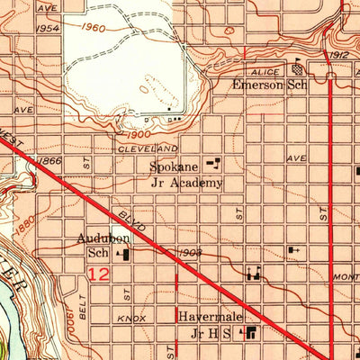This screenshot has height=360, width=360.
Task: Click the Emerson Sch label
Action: pyautogui.click(x=270, y=85)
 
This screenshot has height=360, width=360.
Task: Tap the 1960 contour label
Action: pyautogui.click(x=92, y=28)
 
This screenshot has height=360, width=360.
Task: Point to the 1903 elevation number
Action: pyautogui.click(x=188, y=253)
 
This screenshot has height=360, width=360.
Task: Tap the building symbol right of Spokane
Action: pyautogui.click(x=213, y=164)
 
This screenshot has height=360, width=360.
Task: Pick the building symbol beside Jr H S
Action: pyautogui.click(x=250, y=334)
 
